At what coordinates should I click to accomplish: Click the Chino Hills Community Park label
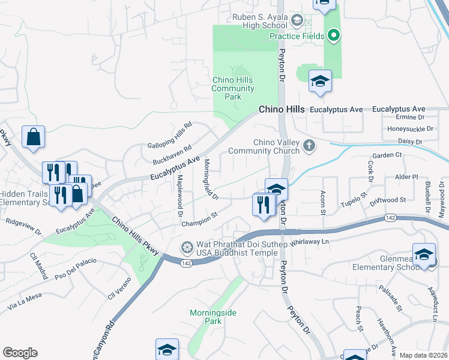point(234,88)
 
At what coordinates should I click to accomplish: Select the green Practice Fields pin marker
point(335,36)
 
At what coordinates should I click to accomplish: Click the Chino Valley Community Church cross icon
point(309,146)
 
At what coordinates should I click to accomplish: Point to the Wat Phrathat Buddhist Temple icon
point(187,247)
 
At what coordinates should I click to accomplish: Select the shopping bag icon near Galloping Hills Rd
point(34,137)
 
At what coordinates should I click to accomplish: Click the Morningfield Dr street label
point(210,179)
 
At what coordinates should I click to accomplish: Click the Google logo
point(20,353)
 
